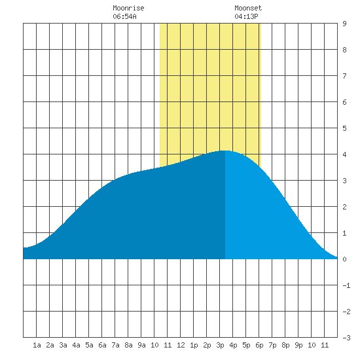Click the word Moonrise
[x=128, y=8]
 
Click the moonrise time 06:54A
[x=124, y=16]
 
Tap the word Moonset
[x=248, y=8]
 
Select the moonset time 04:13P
[x=246, y=16]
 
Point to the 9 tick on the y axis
[x=344, y=24]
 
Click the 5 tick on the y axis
[x=344, y=128]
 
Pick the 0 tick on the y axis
[x=344, y=259]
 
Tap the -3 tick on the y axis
[x=346, y=338]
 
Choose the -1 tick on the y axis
[x=346, y=285]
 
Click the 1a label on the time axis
[x=37, y=345]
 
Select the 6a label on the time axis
[x=102, y=345]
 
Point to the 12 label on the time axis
[x=181, y=345]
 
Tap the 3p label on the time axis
[x=220, y=345]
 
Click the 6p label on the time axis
[x=259, y=345]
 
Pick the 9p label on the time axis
[x=298, y=345]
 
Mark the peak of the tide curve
[x=225, y=151]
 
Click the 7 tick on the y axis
[x=344, y=76]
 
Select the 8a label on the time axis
[x=128, y=345]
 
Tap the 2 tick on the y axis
[x=344, y=207]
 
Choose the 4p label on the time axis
[x=233, y=345]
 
